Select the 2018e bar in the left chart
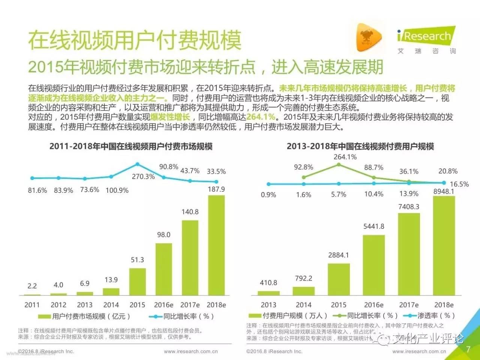coord(216,245)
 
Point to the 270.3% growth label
coord(143,176)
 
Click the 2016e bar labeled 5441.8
coord(373,265)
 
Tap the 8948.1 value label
coord(444,191)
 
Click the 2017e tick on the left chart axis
coord(190,305)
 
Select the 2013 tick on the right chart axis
coord(268,305)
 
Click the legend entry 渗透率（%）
coord(431,316)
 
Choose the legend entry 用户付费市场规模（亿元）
coord(86,316)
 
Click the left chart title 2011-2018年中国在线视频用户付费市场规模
coord(131,146)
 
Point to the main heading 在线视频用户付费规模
coord(135,40)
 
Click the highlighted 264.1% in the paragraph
coord(261,117)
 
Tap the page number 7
coord(468,349)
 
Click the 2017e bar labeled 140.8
coord(190,258)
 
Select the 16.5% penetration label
coord(459,184)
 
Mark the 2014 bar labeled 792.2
coord(303,291)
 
